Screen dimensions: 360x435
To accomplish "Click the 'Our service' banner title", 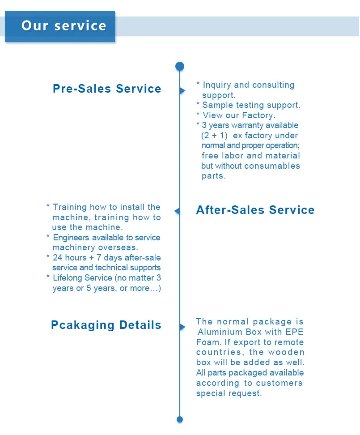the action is [64, 26].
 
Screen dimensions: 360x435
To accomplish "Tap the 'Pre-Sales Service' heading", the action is [107, 89].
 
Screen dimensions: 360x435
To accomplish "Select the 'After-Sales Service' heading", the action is [255, 210].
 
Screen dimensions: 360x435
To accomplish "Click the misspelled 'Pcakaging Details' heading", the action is [106, 325].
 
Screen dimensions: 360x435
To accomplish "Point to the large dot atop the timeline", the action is [180, 66].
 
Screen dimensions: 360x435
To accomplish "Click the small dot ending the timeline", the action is [180, 419].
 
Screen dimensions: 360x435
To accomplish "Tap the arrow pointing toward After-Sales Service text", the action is [177, 211].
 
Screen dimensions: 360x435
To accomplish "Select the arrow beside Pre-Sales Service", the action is [182, 90].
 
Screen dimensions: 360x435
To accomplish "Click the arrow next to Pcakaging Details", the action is [182, 327].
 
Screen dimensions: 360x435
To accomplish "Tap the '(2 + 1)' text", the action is [215, 136].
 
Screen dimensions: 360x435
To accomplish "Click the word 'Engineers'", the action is [71, 238].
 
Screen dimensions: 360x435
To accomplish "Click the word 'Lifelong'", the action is [68, 278].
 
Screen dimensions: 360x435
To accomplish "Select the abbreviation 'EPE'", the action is [295, 332].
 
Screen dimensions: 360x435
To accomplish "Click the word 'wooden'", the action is [286, 352].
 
